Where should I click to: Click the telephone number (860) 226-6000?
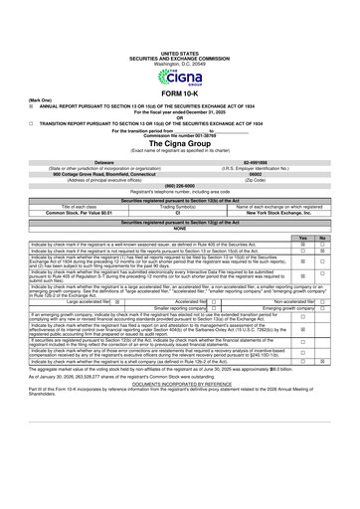tap(179, 186)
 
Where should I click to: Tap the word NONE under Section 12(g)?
tap(180, 229)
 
